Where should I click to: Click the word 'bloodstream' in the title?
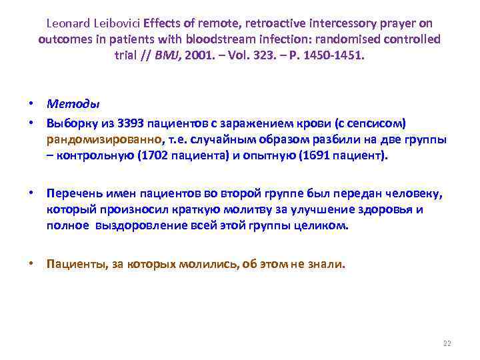coord(212,39)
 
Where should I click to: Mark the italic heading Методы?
coord(73,104)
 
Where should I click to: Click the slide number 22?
coord(447,343)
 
